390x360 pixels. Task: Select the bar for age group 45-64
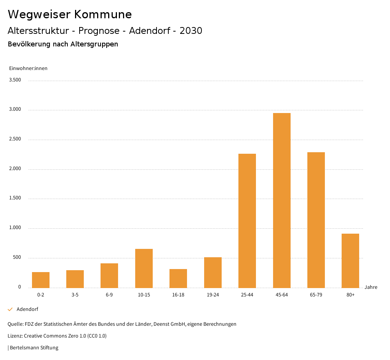click(282, 200)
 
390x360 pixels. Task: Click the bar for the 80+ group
click(350, 261)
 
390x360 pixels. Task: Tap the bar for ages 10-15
click(144, 268)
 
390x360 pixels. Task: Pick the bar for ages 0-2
click(41, 280)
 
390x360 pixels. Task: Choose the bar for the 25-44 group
click(247, 221)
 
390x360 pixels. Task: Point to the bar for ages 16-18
click(178, 278)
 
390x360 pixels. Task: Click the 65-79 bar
click(316, 220)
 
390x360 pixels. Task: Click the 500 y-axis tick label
click(17, 258)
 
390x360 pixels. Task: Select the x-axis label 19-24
click(213, 295)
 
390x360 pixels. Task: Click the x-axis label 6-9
click(109, 295)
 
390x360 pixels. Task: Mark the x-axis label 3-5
click(75, 295)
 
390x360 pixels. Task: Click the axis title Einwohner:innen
click(28, 68)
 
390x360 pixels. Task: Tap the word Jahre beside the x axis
click(371, 287)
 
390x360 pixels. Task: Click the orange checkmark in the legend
click(10, 309)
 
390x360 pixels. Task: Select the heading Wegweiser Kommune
click(70, 14)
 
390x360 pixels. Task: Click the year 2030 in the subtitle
click(191, 31)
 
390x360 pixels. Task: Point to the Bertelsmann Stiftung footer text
click(34, 348)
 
